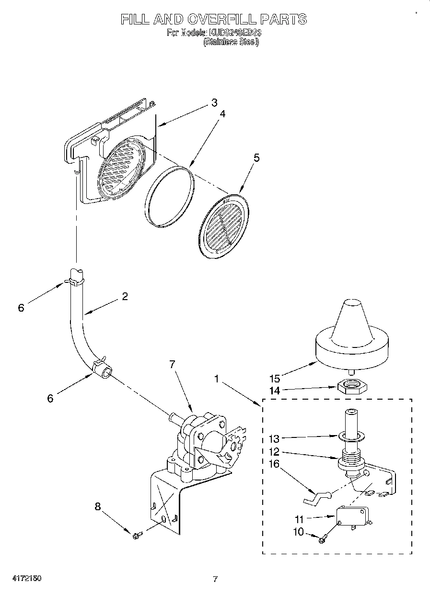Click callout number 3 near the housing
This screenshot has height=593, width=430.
(x=214, y=102)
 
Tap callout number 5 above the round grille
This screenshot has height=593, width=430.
(x=256, y=157)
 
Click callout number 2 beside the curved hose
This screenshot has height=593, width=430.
(x=125, y=296)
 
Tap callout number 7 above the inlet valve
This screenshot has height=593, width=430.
(x=173, y=364)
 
